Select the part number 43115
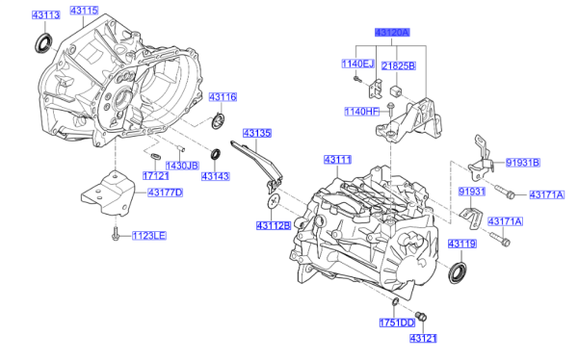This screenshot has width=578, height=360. point(84,11)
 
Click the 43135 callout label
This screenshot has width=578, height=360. point(257,133)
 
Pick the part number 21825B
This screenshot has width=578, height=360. point(398,65)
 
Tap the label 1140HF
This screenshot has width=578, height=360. point(358,112)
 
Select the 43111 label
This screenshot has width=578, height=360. point(338,158)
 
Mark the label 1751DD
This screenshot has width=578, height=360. point(395,321)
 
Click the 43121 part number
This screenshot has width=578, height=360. point(423,340)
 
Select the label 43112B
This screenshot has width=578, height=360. point(275,225)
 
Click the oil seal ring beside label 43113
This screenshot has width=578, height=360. point(43,42)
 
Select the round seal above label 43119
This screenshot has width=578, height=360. point(460,270)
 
